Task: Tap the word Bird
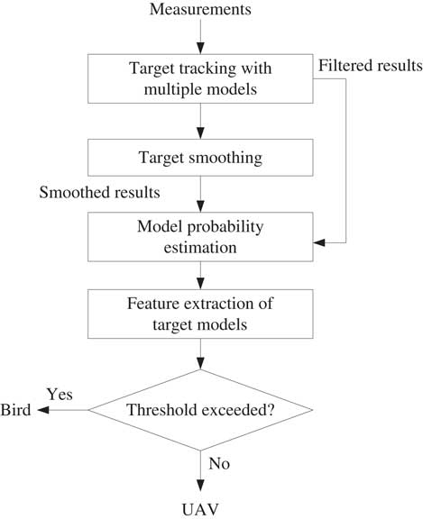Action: [x=15, y=410]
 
